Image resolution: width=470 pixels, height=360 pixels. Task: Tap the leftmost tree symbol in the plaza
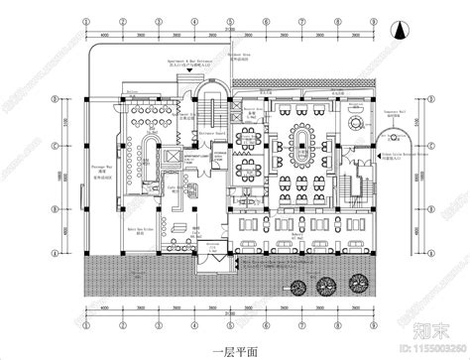[x=297, y=287]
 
